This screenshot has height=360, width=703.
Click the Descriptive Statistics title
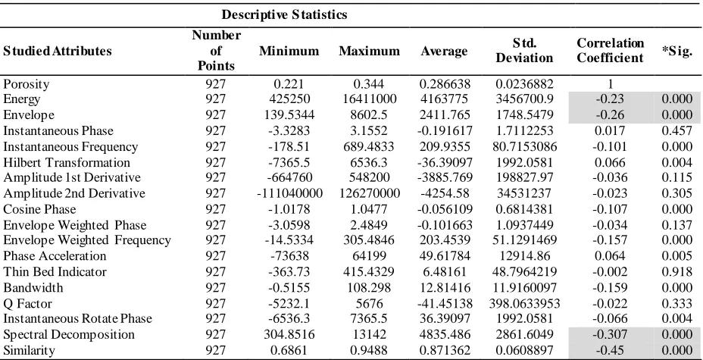click(284, 15)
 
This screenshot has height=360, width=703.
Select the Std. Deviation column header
click(524, 51)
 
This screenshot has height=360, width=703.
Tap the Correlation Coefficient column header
click(610, 51)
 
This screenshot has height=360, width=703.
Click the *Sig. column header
click(677, 51)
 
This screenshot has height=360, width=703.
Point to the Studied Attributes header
click(58, 51)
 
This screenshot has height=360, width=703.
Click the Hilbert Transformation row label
click(67, 162)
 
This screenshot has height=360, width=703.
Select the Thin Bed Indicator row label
click(55, 271)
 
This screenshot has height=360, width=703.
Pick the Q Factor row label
click(27, 303)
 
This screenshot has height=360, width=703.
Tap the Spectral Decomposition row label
click(69, 334)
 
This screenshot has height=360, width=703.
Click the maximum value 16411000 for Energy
click(368, 99)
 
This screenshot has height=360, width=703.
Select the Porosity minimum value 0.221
click(289, 84)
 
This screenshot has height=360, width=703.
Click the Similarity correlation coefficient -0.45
click(610, 350)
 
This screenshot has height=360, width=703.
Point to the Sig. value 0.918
click(677, 271)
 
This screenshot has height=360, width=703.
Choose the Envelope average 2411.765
click(445, 115)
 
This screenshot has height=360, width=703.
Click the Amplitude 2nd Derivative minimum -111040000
click(289, 193)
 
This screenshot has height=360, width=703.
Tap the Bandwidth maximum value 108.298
click(368, 287)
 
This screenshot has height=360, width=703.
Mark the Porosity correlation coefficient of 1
click(610, 84)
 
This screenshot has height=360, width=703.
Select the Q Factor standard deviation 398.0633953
click(524, 303)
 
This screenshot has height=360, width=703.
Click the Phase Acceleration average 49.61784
click(445, 256)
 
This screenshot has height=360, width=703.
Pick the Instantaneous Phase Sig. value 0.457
click(677, 131)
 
